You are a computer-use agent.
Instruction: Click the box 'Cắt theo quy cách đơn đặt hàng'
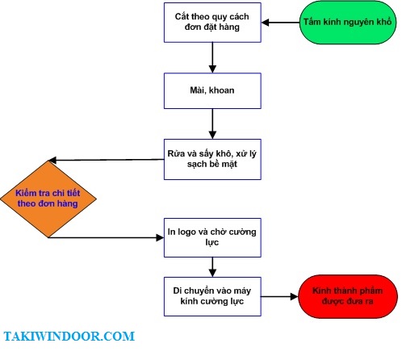point(212,23)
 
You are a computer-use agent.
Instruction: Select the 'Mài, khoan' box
point(212,90)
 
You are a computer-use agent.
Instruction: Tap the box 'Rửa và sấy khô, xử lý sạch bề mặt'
point(212,159)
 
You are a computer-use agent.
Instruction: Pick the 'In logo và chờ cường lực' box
point(212,237)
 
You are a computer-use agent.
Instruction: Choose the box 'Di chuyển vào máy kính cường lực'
point(212,296)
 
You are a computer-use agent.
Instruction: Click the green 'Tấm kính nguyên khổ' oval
point(348,23)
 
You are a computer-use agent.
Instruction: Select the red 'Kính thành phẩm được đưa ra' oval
point(348,296)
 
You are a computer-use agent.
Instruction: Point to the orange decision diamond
point(48,199)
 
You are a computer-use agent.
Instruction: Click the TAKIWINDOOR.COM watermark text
point(69,337)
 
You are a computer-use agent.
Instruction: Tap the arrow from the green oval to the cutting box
point(280,23)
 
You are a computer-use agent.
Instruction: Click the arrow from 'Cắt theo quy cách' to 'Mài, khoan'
point(212,57)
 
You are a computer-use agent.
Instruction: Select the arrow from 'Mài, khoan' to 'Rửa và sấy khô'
point(212,124)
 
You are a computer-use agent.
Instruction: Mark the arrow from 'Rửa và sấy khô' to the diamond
point(107,160)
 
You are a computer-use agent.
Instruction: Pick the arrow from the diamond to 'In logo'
point(107,237)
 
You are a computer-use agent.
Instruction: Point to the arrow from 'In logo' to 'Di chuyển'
point(212,267)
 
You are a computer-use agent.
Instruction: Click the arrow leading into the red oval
point(280,296)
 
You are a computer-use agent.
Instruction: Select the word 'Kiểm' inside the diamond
point(26,193)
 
